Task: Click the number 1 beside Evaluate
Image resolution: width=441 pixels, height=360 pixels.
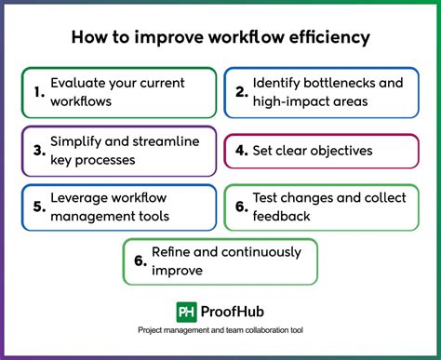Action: coord(38,92)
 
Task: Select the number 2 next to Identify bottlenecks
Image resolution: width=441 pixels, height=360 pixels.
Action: coord(240,92)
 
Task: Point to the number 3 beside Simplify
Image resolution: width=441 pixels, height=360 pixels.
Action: coord(38,150)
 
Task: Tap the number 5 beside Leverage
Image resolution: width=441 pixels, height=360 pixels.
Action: coord(38,207)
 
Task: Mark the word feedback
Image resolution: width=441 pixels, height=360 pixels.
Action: coord(285,217)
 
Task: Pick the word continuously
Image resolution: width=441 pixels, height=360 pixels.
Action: coord(262,252)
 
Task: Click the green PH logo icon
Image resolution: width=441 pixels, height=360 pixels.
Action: coord(186,313)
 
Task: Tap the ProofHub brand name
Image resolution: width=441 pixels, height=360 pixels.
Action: coord(233,313)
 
